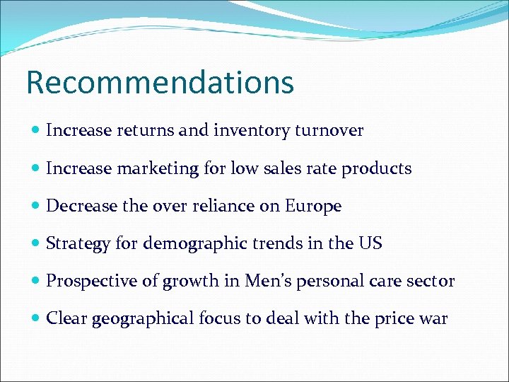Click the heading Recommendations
point(160,82)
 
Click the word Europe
point(313,206)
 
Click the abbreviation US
point(370,244)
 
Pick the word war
point(433,319)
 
